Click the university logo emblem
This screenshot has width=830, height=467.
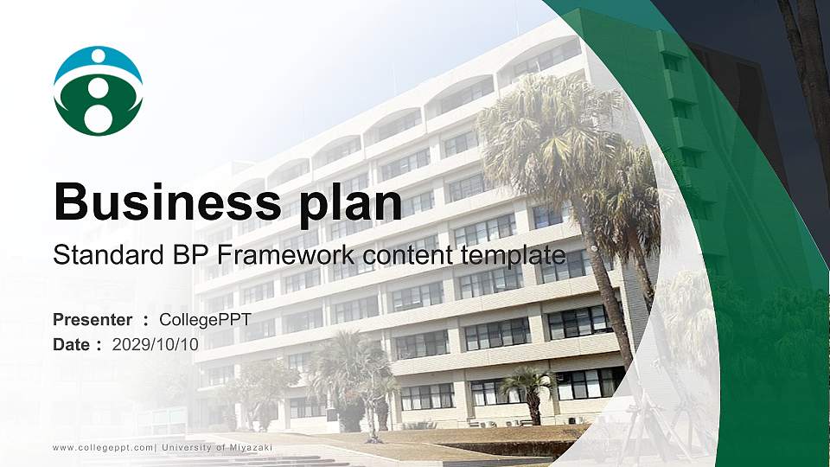tap(98, 91)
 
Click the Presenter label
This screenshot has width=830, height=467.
tap(93, 320)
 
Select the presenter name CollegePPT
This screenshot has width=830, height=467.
tap(205, 320)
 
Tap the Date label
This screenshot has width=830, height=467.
tap(72, 344)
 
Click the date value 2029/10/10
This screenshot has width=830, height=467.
tap(156, 344)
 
